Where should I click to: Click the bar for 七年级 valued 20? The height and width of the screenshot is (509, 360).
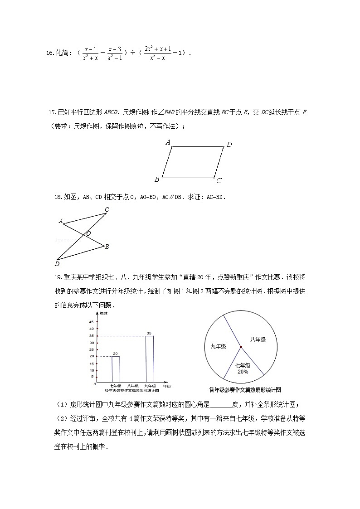116,369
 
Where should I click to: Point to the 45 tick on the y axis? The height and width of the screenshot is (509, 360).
92,321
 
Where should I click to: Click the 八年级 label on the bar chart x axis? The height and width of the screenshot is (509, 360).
132,386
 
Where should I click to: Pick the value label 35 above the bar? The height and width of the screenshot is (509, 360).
149,333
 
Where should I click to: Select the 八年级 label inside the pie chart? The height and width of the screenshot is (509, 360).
258,339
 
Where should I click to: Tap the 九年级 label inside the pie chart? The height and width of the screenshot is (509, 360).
218,347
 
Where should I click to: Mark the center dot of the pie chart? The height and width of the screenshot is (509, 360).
241,347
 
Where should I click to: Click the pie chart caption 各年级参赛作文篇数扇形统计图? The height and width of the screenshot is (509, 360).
245,389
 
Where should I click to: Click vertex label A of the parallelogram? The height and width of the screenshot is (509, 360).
168,142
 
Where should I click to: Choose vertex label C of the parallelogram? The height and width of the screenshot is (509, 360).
219,181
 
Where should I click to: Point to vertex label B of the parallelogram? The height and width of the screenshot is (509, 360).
157,179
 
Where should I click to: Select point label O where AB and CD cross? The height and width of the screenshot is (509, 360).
88,233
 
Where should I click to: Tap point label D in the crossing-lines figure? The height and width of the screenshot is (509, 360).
57,264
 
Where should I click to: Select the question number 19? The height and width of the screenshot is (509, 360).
58,277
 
